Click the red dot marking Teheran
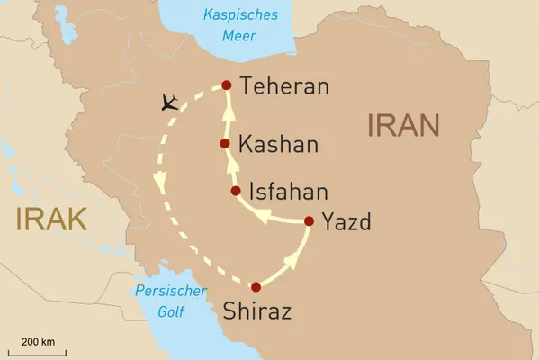click(x=227, y=85)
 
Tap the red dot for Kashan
click(x=226, y=143)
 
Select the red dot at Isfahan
click(x=236, y=192)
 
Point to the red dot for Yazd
click(x=310, y=220)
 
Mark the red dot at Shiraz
click(x=256, y=287)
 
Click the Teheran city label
click(x=283, y=87)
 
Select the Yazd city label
click(x=346, y=222)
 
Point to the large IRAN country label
click(x=403, y=125)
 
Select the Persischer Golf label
click(x=158, y=301)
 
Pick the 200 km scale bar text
click(x=38, y=342)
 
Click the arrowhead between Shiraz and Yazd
click(x=292, y=260)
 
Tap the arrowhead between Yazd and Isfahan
click(x=261, y=216)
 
